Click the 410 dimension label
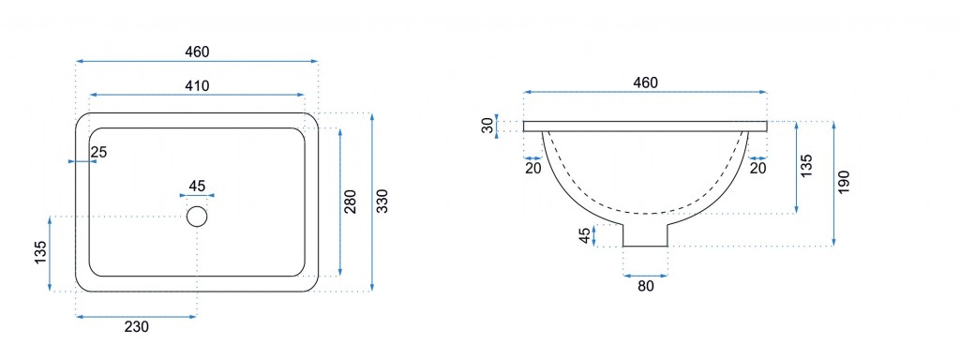coord(197,85)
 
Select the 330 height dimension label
coord(382,202)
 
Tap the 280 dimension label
coord(351,202)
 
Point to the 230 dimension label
coord(137,327)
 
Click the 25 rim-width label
coord(98,153)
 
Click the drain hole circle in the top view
coord(197,217)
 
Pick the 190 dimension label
coord(845,183)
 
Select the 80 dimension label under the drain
coord(645,285)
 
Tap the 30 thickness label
coord(487,127)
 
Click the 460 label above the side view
coord(645,82)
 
